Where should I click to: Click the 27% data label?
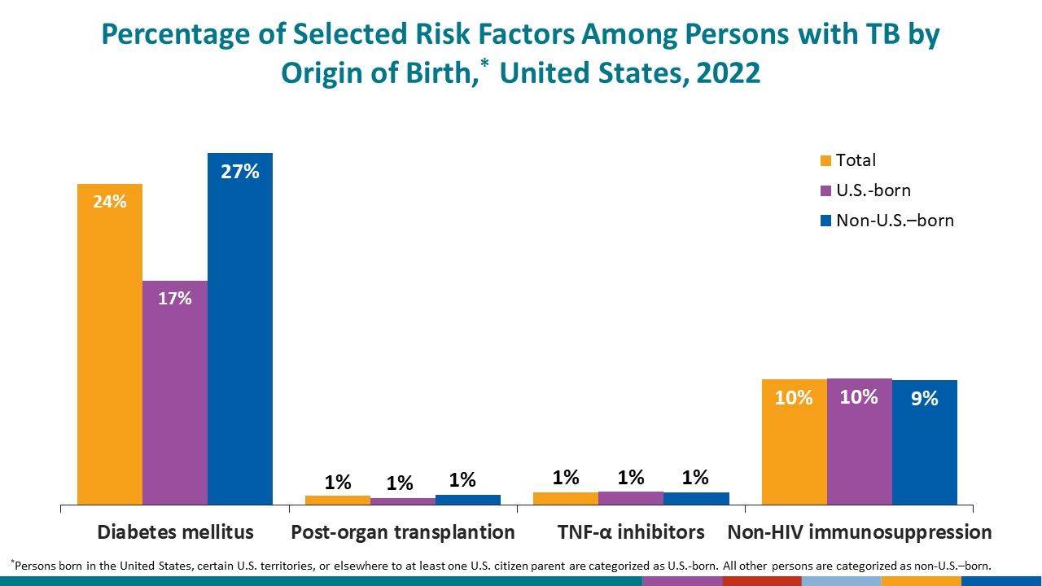(240, 172)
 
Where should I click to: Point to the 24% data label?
(110, 202)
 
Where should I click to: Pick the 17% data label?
(175, 299)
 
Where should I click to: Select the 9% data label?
(925, 398)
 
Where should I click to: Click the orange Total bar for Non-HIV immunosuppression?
(794, 448)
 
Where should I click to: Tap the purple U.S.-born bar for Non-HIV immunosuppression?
(860, 448)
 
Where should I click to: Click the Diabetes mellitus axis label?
(175, 532)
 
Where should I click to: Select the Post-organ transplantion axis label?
(403, 532)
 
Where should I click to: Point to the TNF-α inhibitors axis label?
(631, 532)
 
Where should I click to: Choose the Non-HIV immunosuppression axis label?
(860, 532)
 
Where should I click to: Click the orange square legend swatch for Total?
(825, 161)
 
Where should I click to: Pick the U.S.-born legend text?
(873, 190)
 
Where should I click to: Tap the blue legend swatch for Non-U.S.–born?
(825, 221)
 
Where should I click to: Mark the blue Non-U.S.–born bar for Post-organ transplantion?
(468, 500)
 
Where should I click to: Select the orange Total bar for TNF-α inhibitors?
(566, 498)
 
